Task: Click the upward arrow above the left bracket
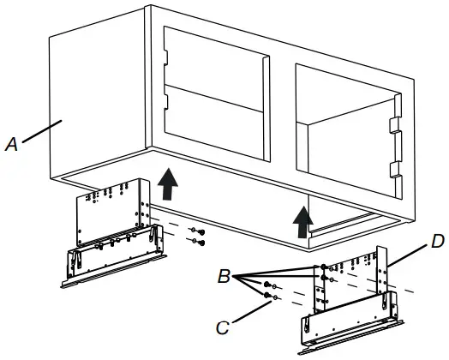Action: tap(169, 183)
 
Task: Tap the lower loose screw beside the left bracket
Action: tap(199, 243)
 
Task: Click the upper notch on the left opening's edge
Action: tap(168, 61)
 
